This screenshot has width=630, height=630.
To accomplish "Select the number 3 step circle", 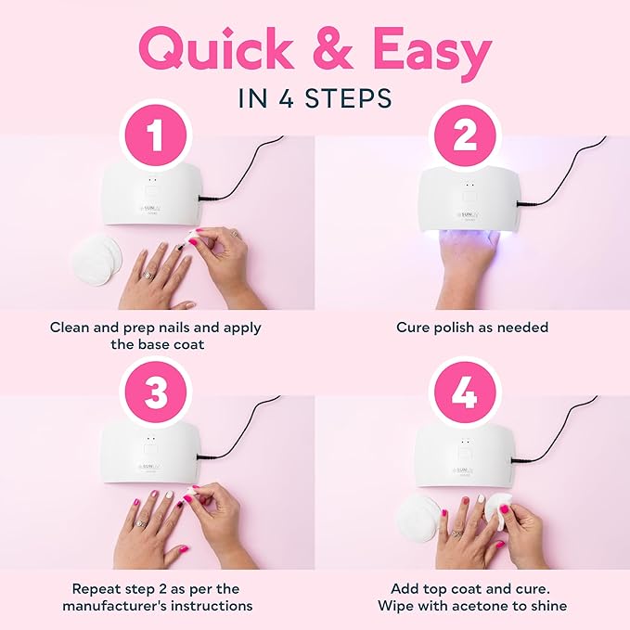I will [156, 392].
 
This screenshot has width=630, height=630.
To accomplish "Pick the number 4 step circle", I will [465, 392].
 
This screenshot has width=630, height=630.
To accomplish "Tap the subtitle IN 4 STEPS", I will [315, 99].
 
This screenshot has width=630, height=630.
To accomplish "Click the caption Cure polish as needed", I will [472, 327].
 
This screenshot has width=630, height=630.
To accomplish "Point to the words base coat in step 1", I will [188, 343].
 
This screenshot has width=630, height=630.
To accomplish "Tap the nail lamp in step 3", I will [154, 455].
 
